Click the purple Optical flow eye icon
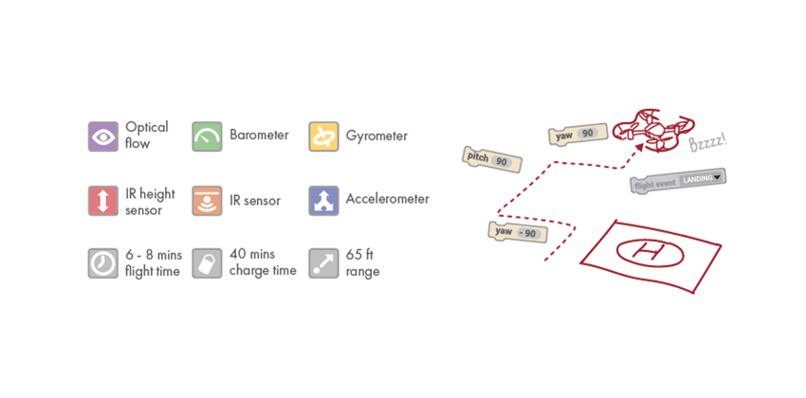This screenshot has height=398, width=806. point(102,136)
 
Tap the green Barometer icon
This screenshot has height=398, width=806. point(207,136)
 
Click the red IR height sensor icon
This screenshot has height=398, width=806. point(102,200)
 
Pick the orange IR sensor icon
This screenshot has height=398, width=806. point(207,200)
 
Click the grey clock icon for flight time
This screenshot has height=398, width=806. point(102,262)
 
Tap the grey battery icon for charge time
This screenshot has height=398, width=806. point(207,262)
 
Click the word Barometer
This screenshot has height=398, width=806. point(259,136)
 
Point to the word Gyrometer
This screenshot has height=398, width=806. point(376,136)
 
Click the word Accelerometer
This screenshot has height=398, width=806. point(387,199)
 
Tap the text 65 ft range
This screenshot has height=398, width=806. point(362,262)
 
